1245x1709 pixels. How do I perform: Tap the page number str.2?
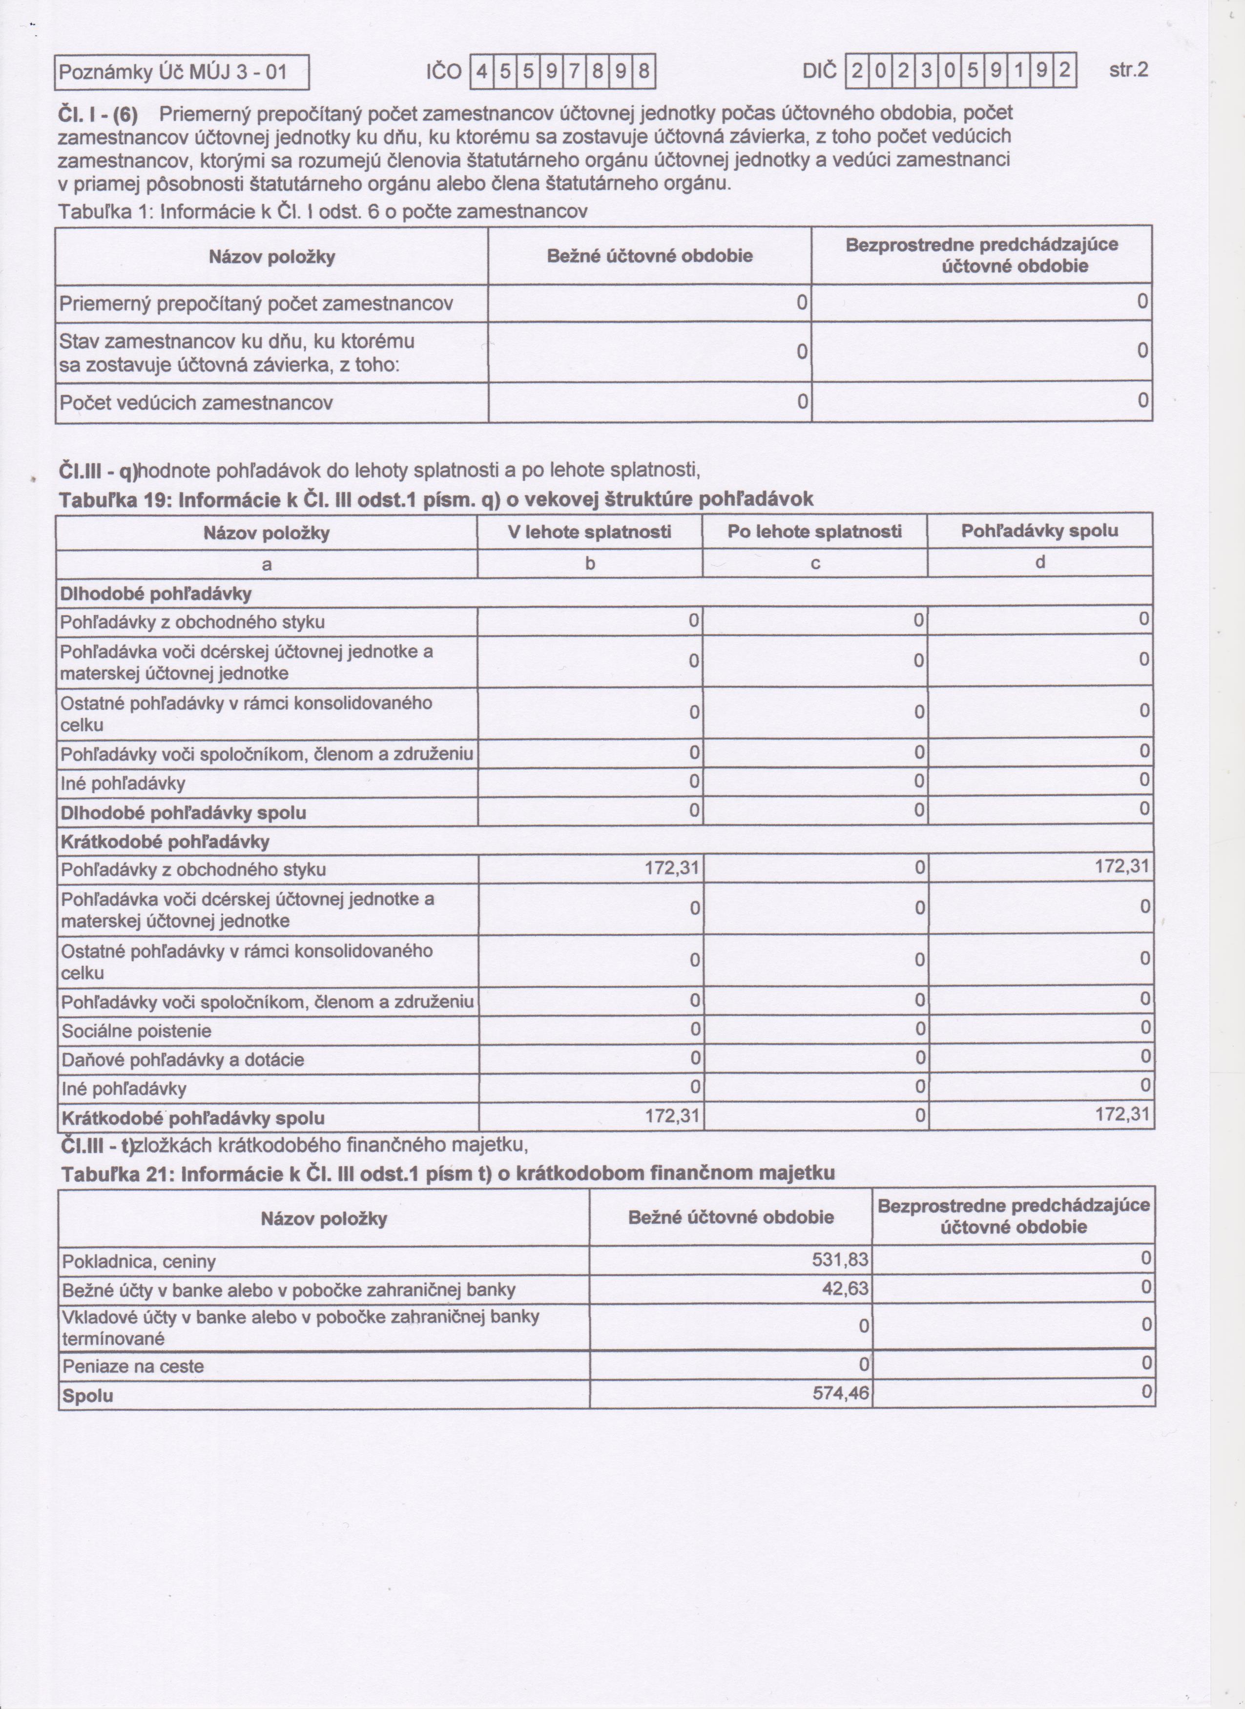point(1128,71)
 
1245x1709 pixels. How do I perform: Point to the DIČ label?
point(819,72)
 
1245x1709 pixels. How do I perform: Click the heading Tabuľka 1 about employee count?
point(323,212)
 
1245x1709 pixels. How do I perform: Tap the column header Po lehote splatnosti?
point(815,532)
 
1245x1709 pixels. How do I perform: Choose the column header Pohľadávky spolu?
point(1039,531)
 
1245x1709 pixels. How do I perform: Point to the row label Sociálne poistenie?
point(136,1031)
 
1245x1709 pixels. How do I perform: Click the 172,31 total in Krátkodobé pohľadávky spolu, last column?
point(1122,1114)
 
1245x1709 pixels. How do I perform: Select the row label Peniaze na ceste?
point(133,1366)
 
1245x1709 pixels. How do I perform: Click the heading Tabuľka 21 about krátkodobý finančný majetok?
point(448,1174)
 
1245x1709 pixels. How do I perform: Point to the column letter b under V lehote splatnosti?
point(590,563)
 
